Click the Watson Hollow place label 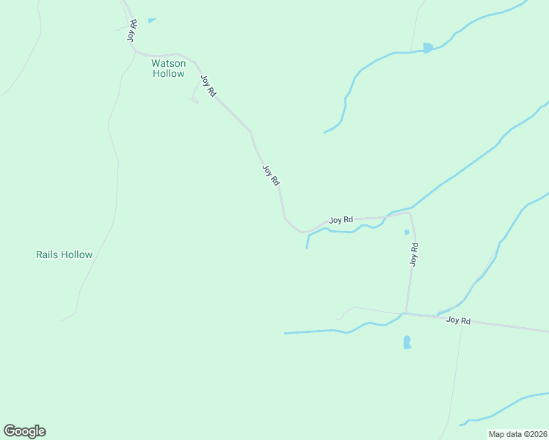pyautogui.click(x=168, y=68)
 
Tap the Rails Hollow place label pyautogui.click(x=65, y=255)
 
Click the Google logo pyautogui.click(x=24, y=431)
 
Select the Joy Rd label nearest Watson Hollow pyautogui.click(x=208, y=87)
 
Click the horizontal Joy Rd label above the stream pyautogui.click(x=341, y=219)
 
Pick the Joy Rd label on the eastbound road pyautogui.click(x=458, y=320)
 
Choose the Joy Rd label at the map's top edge pyautogui.click(x=132, y=30)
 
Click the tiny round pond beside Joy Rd pyautogui.click(x=406, y=232)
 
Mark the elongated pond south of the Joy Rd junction pyautogui.click(x=407, y=342)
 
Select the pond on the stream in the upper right pyautogui.click(x=427, y=48)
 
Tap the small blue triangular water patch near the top pyautogui.click(x=151, y=21)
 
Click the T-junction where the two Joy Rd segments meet pyautogui.click(x=406, y=314)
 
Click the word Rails pyautogui.click(x=48, y=255)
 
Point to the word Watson pyautogui.click(x=168, y=63)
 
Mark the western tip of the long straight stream pyautogui.click(x=286, y=333)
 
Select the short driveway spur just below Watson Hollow pyautogui.click(x=194, y=98)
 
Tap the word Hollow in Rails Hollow pyautogui.click(x=77, y=255)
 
